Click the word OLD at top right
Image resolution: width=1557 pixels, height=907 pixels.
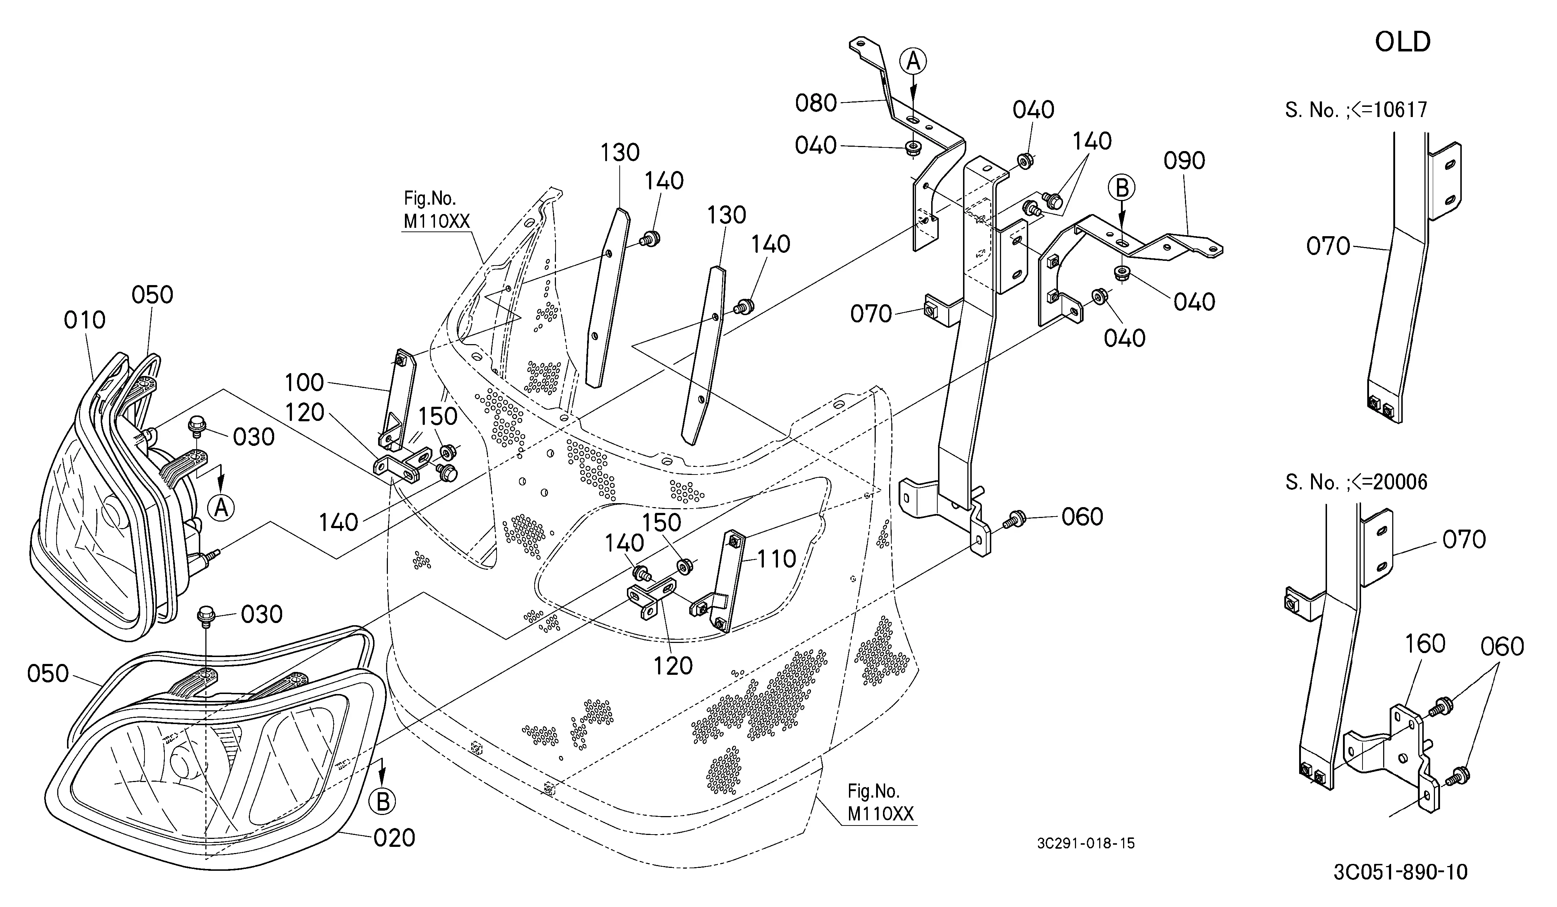point(1403,42)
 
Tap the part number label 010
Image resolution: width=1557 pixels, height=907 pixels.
point(85,320)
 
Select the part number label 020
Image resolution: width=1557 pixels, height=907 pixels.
point(394,838)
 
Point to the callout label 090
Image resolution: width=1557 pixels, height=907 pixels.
point(1184,160)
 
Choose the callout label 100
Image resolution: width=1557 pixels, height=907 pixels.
point(304,383)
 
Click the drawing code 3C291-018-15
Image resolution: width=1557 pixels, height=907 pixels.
point(1085,843)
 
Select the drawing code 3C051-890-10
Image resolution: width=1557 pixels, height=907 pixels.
point(1400,872)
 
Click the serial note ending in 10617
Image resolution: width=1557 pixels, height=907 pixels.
point(1356,110)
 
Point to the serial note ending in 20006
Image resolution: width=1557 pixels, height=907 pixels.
point(1356,481)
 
